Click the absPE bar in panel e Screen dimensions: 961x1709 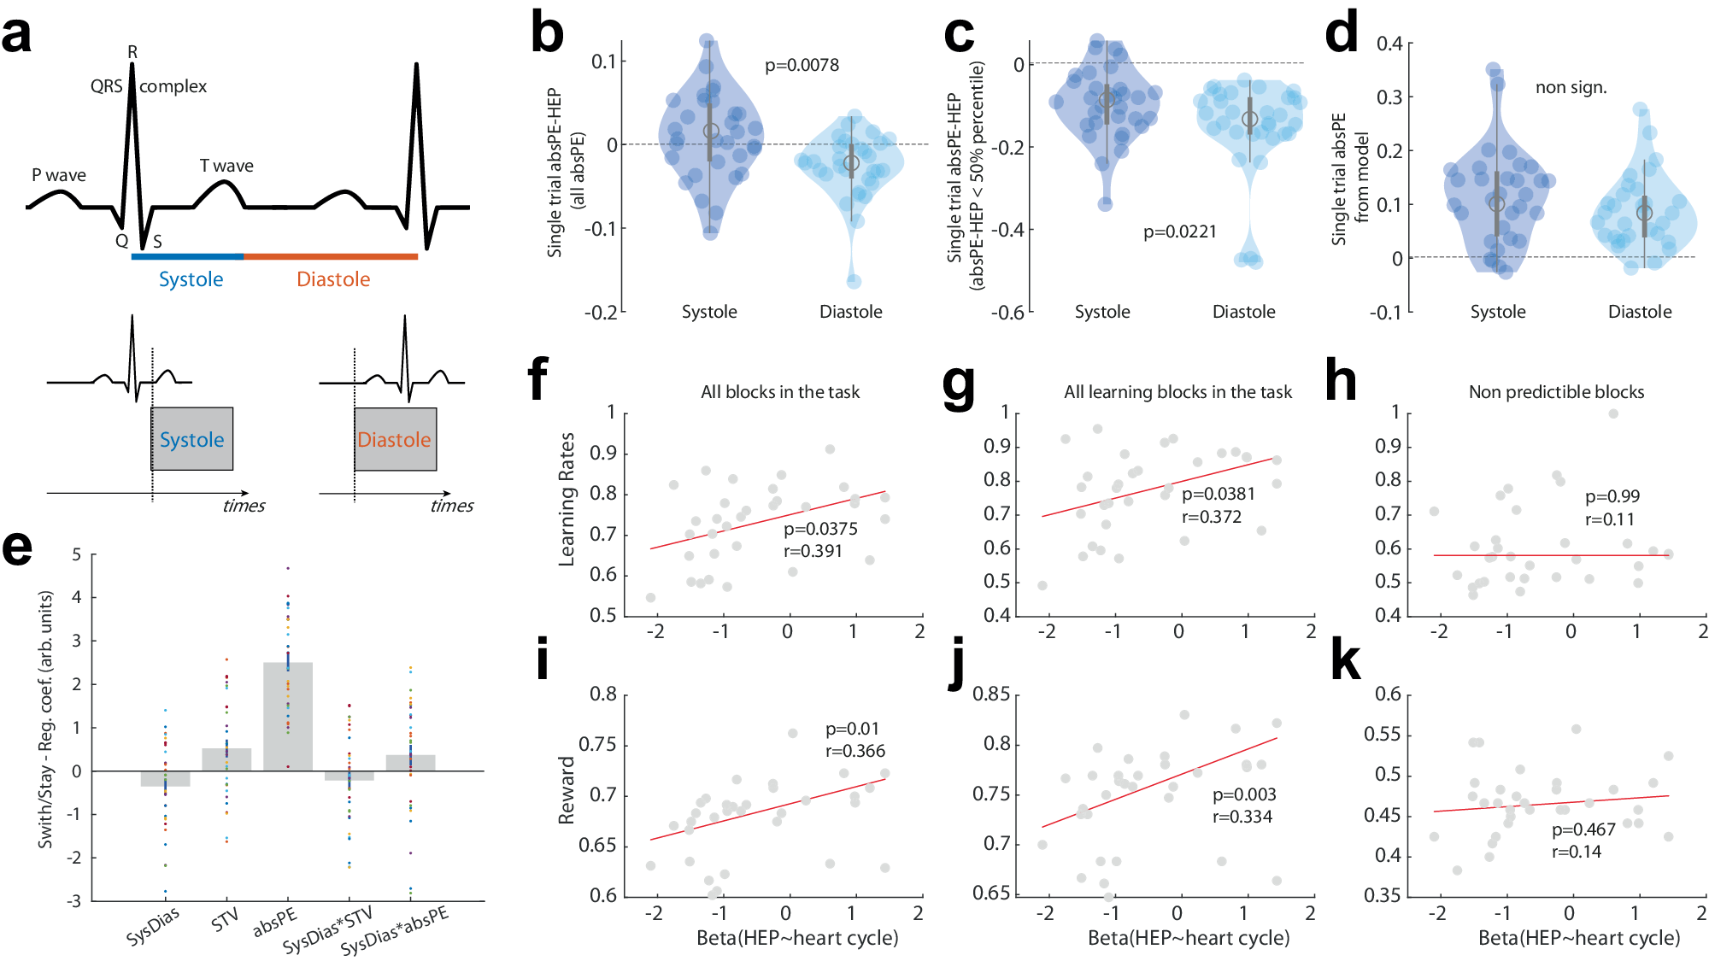coord(288,718)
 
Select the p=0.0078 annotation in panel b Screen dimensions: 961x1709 coord(802,66)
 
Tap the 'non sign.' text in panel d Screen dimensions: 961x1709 coord(1571,87)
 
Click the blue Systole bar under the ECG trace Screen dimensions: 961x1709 coord(187,255)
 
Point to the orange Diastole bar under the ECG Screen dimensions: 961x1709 coord(331,255)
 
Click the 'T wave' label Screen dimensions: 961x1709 coord(226,166)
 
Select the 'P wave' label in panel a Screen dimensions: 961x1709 coord(59,175)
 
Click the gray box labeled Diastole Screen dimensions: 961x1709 coord(395,439)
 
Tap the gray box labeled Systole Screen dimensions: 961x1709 coord(192,439)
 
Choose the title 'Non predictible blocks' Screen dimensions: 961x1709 coord(1556,392)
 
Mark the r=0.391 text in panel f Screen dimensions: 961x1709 coord(813,551)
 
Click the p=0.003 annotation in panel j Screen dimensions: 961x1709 coord(1244,794)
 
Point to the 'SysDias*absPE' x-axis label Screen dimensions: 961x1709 coord(395,932)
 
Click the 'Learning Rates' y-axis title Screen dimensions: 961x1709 coord(567,500)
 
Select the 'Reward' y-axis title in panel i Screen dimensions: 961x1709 coord(567,790)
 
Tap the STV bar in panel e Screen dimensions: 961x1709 coord(226,759)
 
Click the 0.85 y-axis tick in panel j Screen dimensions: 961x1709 coord(991,694)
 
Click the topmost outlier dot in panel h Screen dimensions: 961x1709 coord(1613,413)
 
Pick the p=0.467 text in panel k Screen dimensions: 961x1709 coord(1583,829)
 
